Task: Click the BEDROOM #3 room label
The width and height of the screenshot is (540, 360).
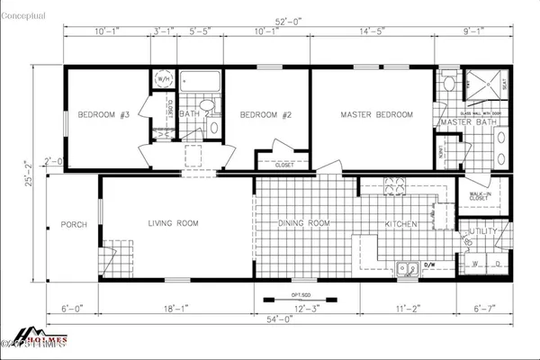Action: point(104,115)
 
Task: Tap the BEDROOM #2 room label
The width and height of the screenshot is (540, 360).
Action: point(263,115)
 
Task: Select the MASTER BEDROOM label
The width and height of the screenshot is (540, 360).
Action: point(376,115)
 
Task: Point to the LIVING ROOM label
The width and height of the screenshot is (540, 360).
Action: point(174,223)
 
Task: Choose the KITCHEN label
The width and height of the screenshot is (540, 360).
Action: point(400,223)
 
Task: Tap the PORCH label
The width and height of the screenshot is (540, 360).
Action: point(74,224)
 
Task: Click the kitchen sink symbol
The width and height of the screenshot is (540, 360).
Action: point(408,267)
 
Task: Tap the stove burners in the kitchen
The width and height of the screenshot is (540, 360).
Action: point(396,187)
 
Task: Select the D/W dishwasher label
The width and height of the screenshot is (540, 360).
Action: point(429,265)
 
